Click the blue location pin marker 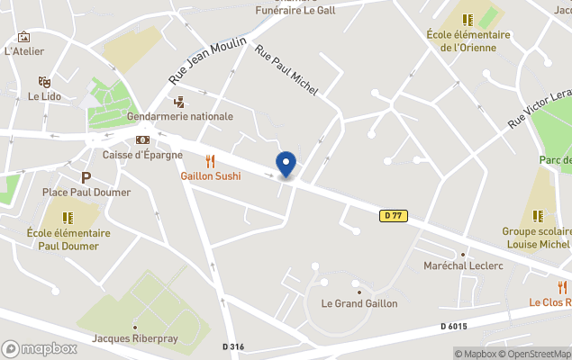[x=286, y=164]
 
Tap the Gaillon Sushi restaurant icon [x=210, y=161]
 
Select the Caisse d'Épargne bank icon [x=142, y=140]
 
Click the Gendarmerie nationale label [x=180, y=116]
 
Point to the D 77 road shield [x=392, y=215]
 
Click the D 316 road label [x=234, y=346]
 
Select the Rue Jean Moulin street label [x=207, y=61]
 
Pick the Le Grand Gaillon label [x=359, y=303]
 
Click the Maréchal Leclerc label [x=463, y=265]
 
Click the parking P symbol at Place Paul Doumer [x=86, y=177]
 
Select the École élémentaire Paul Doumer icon [x=68, y=217]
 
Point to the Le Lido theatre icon [x=43, y=81]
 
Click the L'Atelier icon [x=24, y=37]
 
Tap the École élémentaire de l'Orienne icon [x=468, y=19]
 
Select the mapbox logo [x=39, y=348]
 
